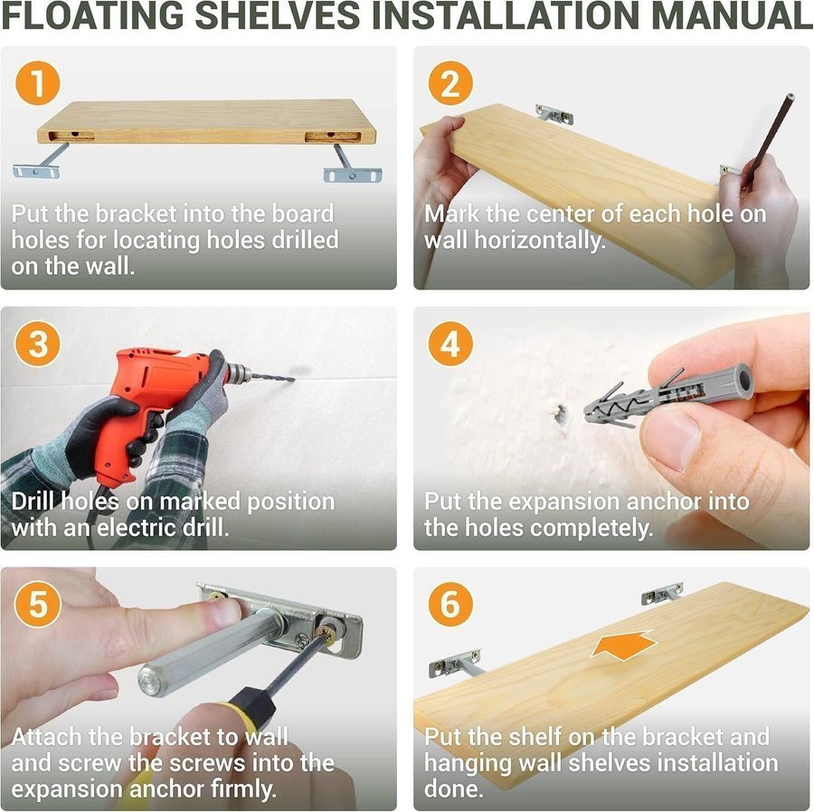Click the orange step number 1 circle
tap(38, 83)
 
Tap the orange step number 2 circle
tap(450, 83)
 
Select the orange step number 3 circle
tap(38, 344)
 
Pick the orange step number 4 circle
tap(450, 344)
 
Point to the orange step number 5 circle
tap(38, 604)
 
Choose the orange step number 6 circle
tap(450, 604)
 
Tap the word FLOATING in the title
tap(93, 15)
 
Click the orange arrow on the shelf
tap(623, 645)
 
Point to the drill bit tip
tap(294, 380)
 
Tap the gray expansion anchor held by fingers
tap(669, 395)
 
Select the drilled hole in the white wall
tap(559, 414)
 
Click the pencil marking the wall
tap(767, 140)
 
